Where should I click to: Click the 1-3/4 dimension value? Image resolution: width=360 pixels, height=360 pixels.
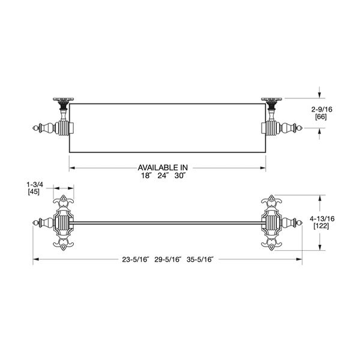(x=34, y=184)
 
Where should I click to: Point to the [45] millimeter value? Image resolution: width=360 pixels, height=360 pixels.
(x=34, y=192)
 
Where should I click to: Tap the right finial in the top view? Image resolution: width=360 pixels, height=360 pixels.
(x=295, y=128)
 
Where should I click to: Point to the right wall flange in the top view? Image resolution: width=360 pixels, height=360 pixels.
(x=273, y=100)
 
